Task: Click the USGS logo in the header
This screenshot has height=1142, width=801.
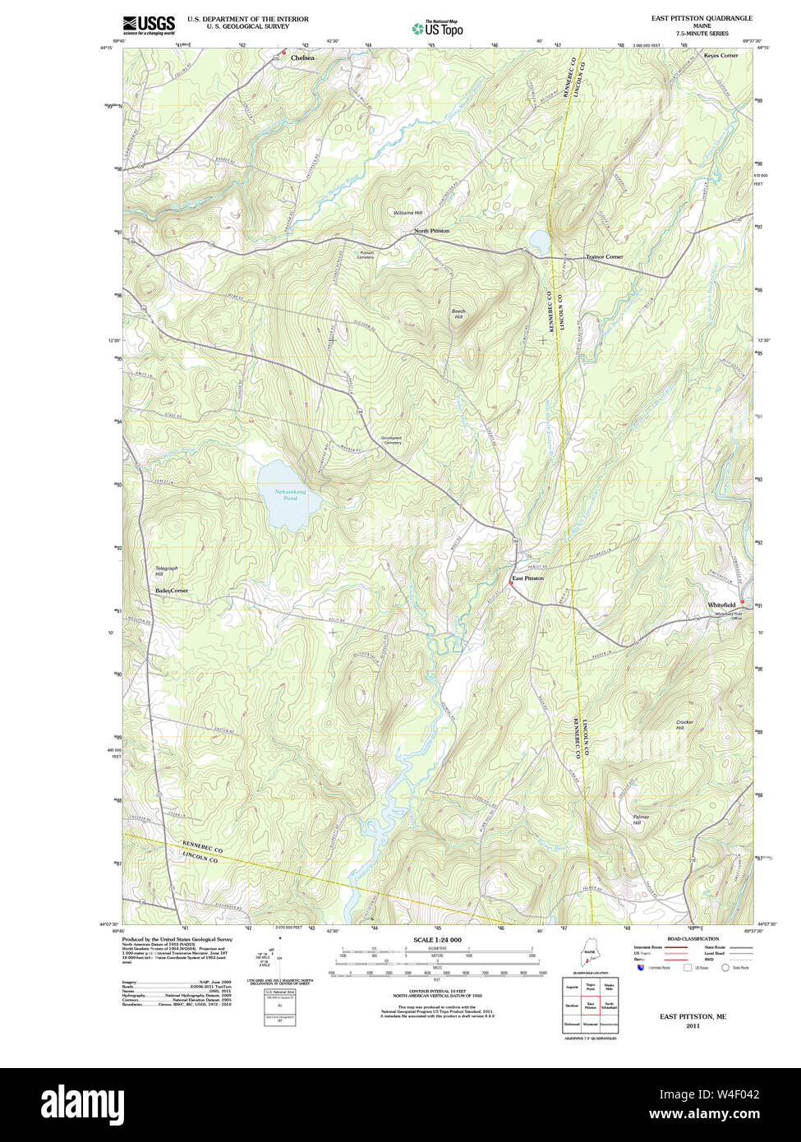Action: [149, 25]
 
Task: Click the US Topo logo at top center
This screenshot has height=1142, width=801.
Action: [437, 29]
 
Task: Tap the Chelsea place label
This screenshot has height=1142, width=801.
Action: [302, 58]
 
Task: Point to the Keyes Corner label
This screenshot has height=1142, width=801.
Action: [720, 55]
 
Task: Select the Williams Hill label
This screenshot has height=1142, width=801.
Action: [407, 213]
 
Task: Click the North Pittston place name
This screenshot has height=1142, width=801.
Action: [431, 231]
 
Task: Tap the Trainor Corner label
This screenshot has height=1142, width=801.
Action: [604, 256]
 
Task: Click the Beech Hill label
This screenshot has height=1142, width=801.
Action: [458, 314]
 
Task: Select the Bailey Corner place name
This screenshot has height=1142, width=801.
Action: [172, 591]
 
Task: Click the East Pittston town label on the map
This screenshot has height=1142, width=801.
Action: [527, 578]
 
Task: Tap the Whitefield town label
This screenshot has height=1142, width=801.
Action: [721, 605]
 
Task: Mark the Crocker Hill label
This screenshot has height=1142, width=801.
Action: [684, 725]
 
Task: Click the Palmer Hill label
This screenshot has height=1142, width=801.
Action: [641, 819]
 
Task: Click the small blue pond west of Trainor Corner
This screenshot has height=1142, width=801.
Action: [540, 242]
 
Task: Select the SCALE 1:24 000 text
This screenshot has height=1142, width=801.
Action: [437, 940]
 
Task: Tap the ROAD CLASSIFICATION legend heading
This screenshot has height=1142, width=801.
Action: [693, 939]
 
